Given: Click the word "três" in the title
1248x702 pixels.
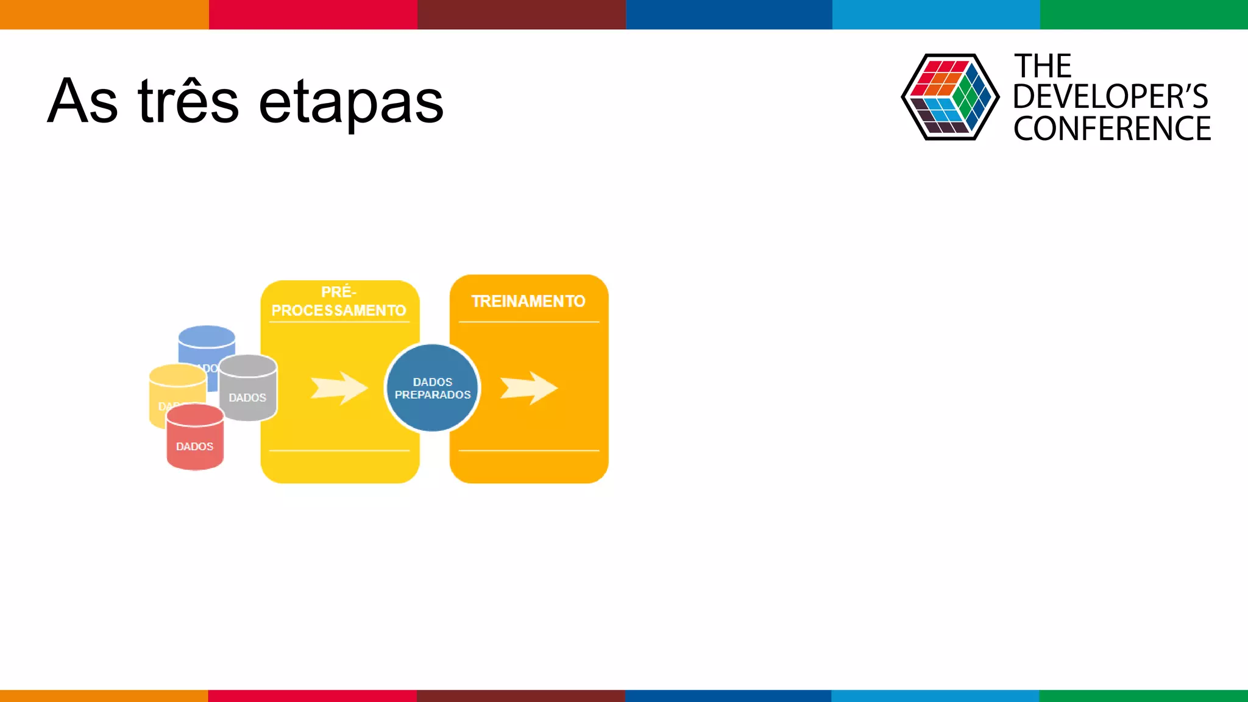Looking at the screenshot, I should (188, 102).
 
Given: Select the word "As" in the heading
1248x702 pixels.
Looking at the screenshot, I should (82, 102).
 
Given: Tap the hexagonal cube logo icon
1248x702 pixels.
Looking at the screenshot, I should (949, 97).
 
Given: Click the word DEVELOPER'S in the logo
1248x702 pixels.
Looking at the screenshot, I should (1110, 97).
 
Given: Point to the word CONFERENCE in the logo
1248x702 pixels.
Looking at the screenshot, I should (1111, 129).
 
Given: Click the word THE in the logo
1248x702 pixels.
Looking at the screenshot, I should (1042, 66).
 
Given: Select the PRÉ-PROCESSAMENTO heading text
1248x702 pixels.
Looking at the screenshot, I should (339, 301).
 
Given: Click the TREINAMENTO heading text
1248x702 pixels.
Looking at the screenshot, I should (528, 301).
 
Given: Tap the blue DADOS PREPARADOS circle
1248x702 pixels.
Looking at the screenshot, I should (433, 388).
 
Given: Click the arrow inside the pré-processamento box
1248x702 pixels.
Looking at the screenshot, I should (339, 388).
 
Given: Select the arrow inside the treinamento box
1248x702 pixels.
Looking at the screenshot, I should (528, 388).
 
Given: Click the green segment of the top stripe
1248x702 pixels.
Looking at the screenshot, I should (1144, 14).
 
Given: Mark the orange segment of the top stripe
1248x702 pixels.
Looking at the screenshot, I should (104, 14).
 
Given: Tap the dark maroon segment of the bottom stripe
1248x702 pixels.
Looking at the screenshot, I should (521, 695).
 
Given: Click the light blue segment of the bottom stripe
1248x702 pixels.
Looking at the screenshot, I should (935, 695).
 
